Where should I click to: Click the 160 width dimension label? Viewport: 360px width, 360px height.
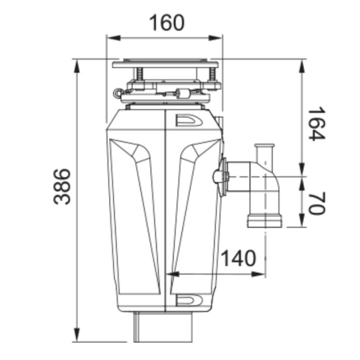pyautogui.click(x=167, y=23)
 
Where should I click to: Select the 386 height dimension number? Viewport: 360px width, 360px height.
pyautogui.click(x=63, y=187)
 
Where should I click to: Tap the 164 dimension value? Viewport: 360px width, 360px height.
pyautogui.click(x=317, y=123)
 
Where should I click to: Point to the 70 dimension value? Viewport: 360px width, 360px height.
pyautogui.click(x=317, y=203)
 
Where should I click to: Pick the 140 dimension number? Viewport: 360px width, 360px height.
pyautogui.click(x=238, y=258)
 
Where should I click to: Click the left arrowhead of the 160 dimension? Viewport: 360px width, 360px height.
pyautogui.click(x=114, y=38)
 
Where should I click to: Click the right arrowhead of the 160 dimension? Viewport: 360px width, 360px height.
pyautogui.click(x=215, y=38)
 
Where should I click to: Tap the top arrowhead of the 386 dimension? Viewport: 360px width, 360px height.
pyautogui.click(x=77, y=66)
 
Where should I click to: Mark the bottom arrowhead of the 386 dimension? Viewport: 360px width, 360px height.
pyautogui.click(x=77, y=335)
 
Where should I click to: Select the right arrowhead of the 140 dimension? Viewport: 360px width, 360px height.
pyautogui.click(x=258, y=275)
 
